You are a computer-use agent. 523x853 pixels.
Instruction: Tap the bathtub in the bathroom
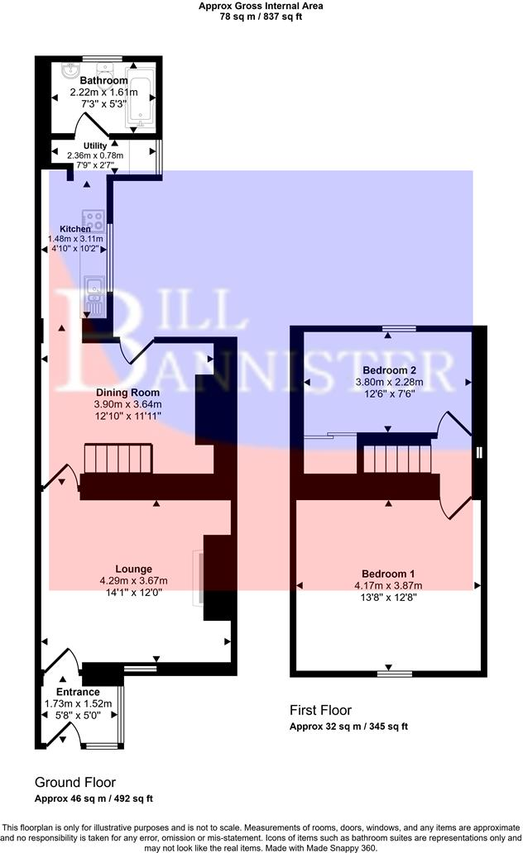click(x=142, y=98)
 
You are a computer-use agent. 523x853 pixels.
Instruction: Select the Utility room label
click(x=94, y=145)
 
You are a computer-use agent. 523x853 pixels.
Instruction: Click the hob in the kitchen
click(x=95, y=222)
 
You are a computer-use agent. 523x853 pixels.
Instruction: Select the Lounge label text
click(x=133, y=569)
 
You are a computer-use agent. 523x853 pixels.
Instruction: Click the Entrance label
click(x=78, y=692)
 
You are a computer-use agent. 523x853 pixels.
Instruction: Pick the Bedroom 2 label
click(x=389, y=369)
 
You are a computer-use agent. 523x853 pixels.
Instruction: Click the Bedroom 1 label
click(x=388, y=574)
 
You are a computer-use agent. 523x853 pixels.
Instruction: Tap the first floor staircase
click(x=396, y=457)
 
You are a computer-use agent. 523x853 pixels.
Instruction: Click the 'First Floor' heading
click(x=320, y=710)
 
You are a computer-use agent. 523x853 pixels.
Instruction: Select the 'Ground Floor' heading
click(x=75, y=782)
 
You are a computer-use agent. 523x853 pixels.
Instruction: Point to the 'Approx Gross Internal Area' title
click(x=261, y=5)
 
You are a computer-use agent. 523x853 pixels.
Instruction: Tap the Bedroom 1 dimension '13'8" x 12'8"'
click(x=388, y=597)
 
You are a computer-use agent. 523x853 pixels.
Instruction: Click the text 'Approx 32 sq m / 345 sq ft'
click(x=348, y=727)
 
